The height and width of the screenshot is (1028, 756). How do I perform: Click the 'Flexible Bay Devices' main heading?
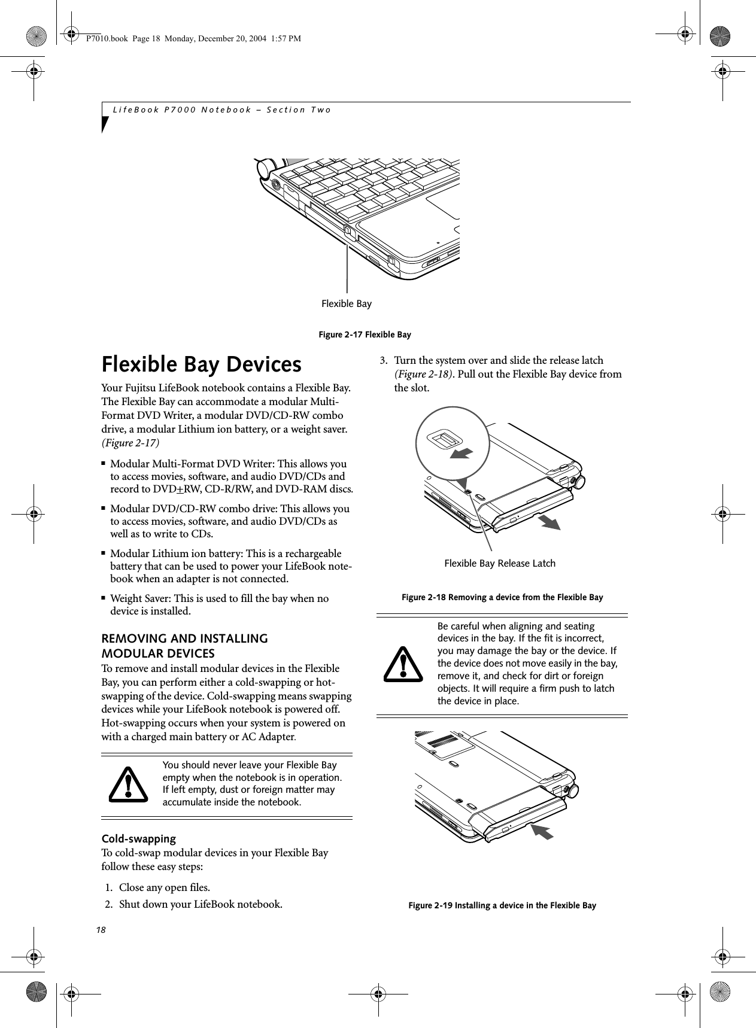click(x=201, y=364)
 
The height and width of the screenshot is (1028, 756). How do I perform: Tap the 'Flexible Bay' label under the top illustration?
click(x=346, y=304)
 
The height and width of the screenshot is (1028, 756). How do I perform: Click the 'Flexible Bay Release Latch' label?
click(x=499, y=563)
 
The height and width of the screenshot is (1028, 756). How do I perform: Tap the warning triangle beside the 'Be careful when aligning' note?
click(x=403, y=664)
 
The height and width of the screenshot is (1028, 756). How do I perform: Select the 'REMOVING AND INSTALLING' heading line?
click(x=184, y=638)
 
